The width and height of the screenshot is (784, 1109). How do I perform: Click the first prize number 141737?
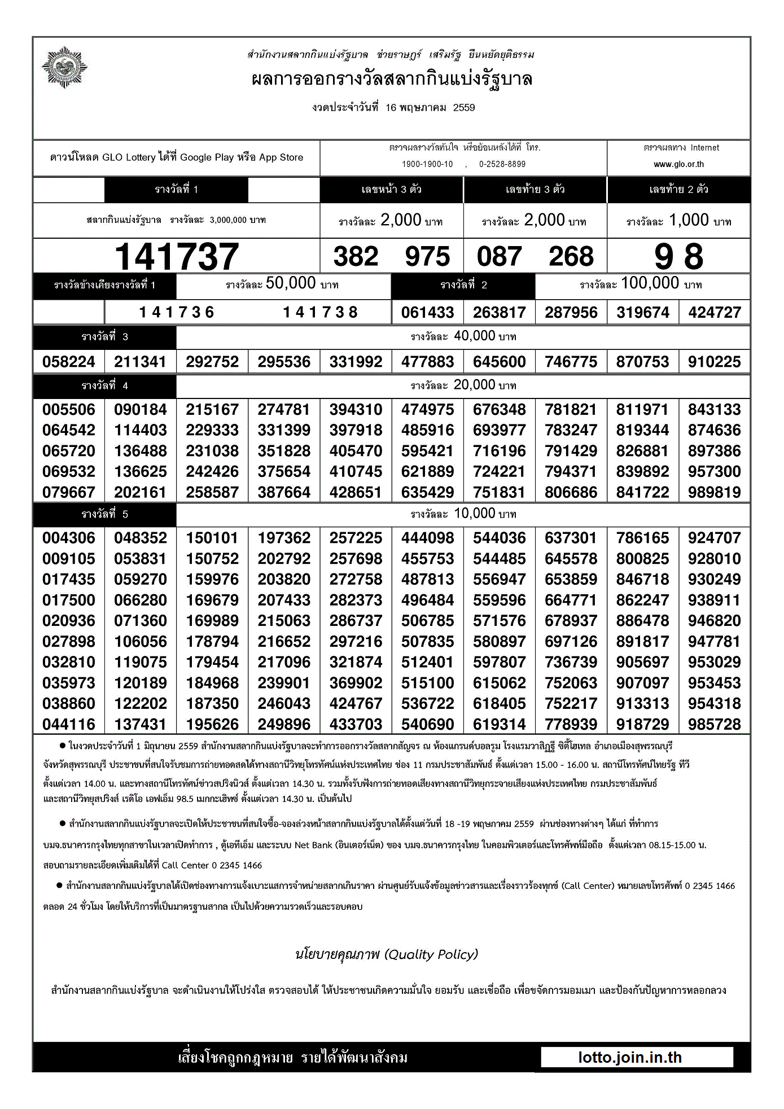click(x=177, y=257)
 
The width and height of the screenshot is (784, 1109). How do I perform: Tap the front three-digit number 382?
click(x=356, y=257)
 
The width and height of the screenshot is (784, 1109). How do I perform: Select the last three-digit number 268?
click(x=571, y=257)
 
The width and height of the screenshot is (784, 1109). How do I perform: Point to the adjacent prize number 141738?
click(x=320, y=312)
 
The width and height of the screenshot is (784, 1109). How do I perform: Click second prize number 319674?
click(x=642, y=312)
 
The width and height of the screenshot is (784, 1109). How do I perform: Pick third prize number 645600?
click(x=499, y=362)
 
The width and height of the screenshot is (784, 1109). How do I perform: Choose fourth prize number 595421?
click(x=427, y=451)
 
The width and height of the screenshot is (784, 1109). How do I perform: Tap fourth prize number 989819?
click(x=714, y=492)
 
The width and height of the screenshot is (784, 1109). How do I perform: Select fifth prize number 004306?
click(x=69, y=538)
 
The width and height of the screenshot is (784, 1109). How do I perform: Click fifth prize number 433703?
click(x=356, y=724)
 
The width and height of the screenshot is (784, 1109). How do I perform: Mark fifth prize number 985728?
click(x=714, y=724)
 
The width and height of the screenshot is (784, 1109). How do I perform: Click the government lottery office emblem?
click(x=65, y=68)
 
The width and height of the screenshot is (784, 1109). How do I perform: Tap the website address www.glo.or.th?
click(x=678, y=164)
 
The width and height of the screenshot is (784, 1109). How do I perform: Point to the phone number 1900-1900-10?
click(x=427, y=164)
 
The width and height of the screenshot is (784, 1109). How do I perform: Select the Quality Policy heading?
click(x=387, y=954)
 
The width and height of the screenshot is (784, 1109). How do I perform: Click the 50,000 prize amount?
click(x=290, y=283)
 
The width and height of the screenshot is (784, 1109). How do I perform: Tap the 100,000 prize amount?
click(x=650, y=283)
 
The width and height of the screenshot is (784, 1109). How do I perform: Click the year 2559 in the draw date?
click(x=464, y=108)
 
